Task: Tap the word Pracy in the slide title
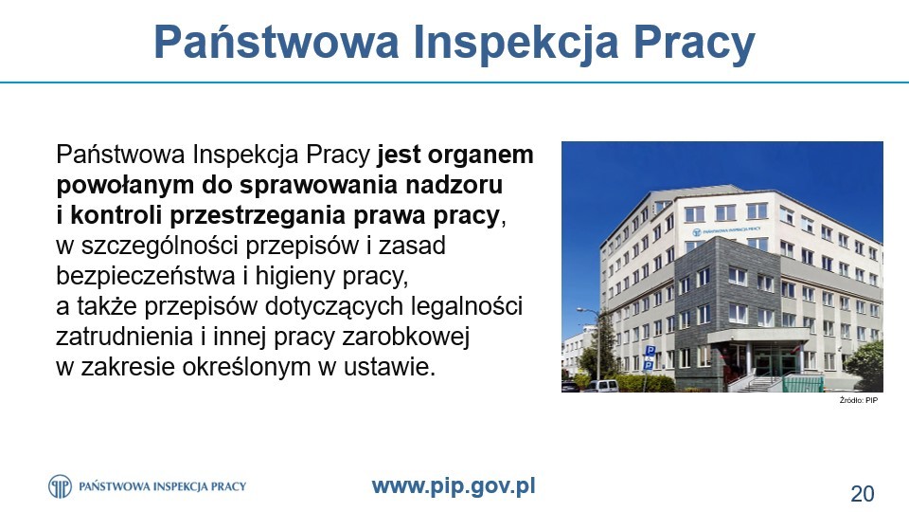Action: coord(694,43)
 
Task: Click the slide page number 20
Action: coord(862,494)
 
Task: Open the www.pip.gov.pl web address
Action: coord(454,486)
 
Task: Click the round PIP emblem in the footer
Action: coord(60,486)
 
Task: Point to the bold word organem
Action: coord(481,155)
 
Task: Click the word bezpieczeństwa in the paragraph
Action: coord(146,276)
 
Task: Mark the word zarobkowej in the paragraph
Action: coord(406,337)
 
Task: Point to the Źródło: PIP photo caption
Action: coord(859,400)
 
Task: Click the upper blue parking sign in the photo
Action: coord(650,351)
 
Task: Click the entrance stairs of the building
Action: coord(760,384)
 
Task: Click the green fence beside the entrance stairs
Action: coord(803,383)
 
